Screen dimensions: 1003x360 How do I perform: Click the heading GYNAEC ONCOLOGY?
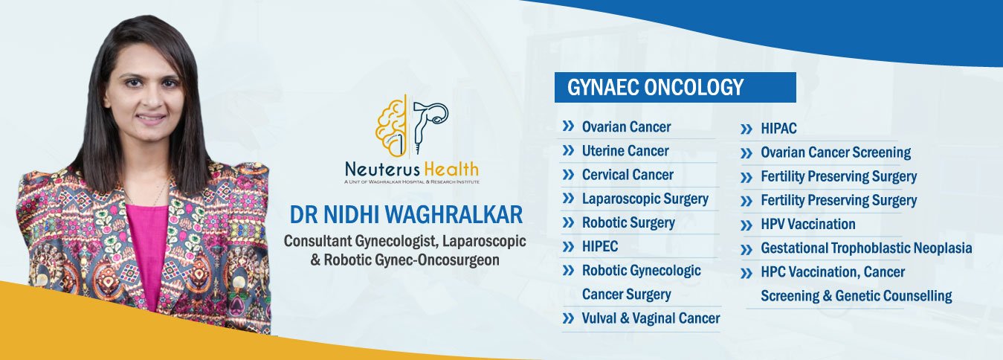click(x=655, y=87)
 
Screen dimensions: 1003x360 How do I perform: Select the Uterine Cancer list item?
click(x=625, y=151)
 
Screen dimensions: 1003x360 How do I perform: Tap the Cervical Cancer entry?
click(x=628, y=175)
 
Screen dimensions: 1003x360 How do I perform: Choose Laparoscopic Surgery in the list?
click(x=645, y=199)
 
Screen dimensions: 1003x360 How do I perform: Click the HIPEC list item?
click(x=600, y=246)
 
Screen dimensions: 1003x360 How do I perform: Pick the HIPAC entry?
click(x=778, y=129)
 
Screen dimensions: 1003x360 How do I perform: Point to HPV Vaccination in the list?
click(x=808, y=224)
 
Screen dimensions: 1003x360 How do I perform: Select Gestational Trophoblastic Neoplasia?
click(x=866, y=248)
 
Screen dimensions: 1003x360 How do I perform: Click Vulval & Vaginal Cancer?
click(x=651, y=318)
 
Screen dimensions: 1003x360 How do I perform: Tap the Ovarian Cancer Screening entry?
click(x=836, y=152)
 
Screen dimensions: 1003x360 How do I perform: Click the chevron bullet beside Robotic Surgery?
click(x=568, y=222)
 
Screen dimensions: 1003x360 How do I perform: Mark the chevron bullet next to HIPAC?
click(x=746, y=129)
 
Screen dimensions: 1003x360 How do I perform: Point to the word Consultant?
click(x=317, y=241)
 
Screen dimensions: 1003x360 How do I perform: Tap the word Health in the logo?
click(x=451, y=170)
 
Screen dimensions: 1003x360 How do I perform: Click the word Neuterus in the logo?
click(x=382, y=170)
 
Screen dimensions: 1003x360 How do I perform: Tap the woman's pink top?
click(x=147, y=251)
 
